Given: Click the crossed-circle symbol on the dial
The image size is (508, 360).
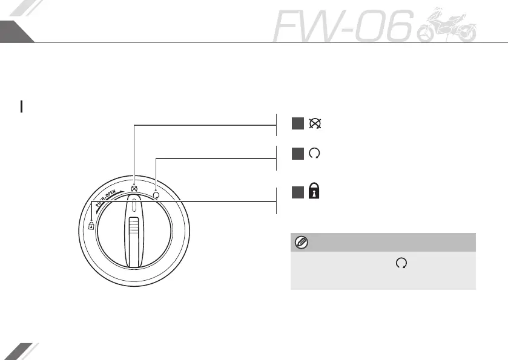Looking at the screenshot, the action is [x=134, y=188].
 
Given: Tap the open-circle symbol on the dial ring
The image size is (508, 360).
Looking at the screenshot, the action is [x=156, y=195].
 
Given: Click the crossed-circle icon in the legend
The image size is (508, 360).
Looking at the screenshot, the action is [x=315, y=123].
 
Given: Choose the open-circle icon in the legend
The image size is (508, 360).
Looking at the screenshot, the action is [x=314, y=154].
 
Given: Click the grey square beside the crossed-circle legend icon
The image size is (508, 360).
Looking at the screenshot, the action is [x=297, y=123].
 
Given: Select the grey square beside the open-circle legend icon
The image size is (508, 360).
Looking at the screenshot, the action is [x=297, y=154].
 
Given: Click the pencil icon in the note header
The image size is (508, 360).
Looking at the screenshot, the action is [x=301, y=243].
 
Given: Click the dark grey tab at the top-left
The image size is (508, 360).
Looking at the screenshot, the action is [x=13, y=31].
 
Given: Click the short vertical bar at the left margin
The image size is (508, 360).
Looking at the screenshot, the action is [x=22, y=107].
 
